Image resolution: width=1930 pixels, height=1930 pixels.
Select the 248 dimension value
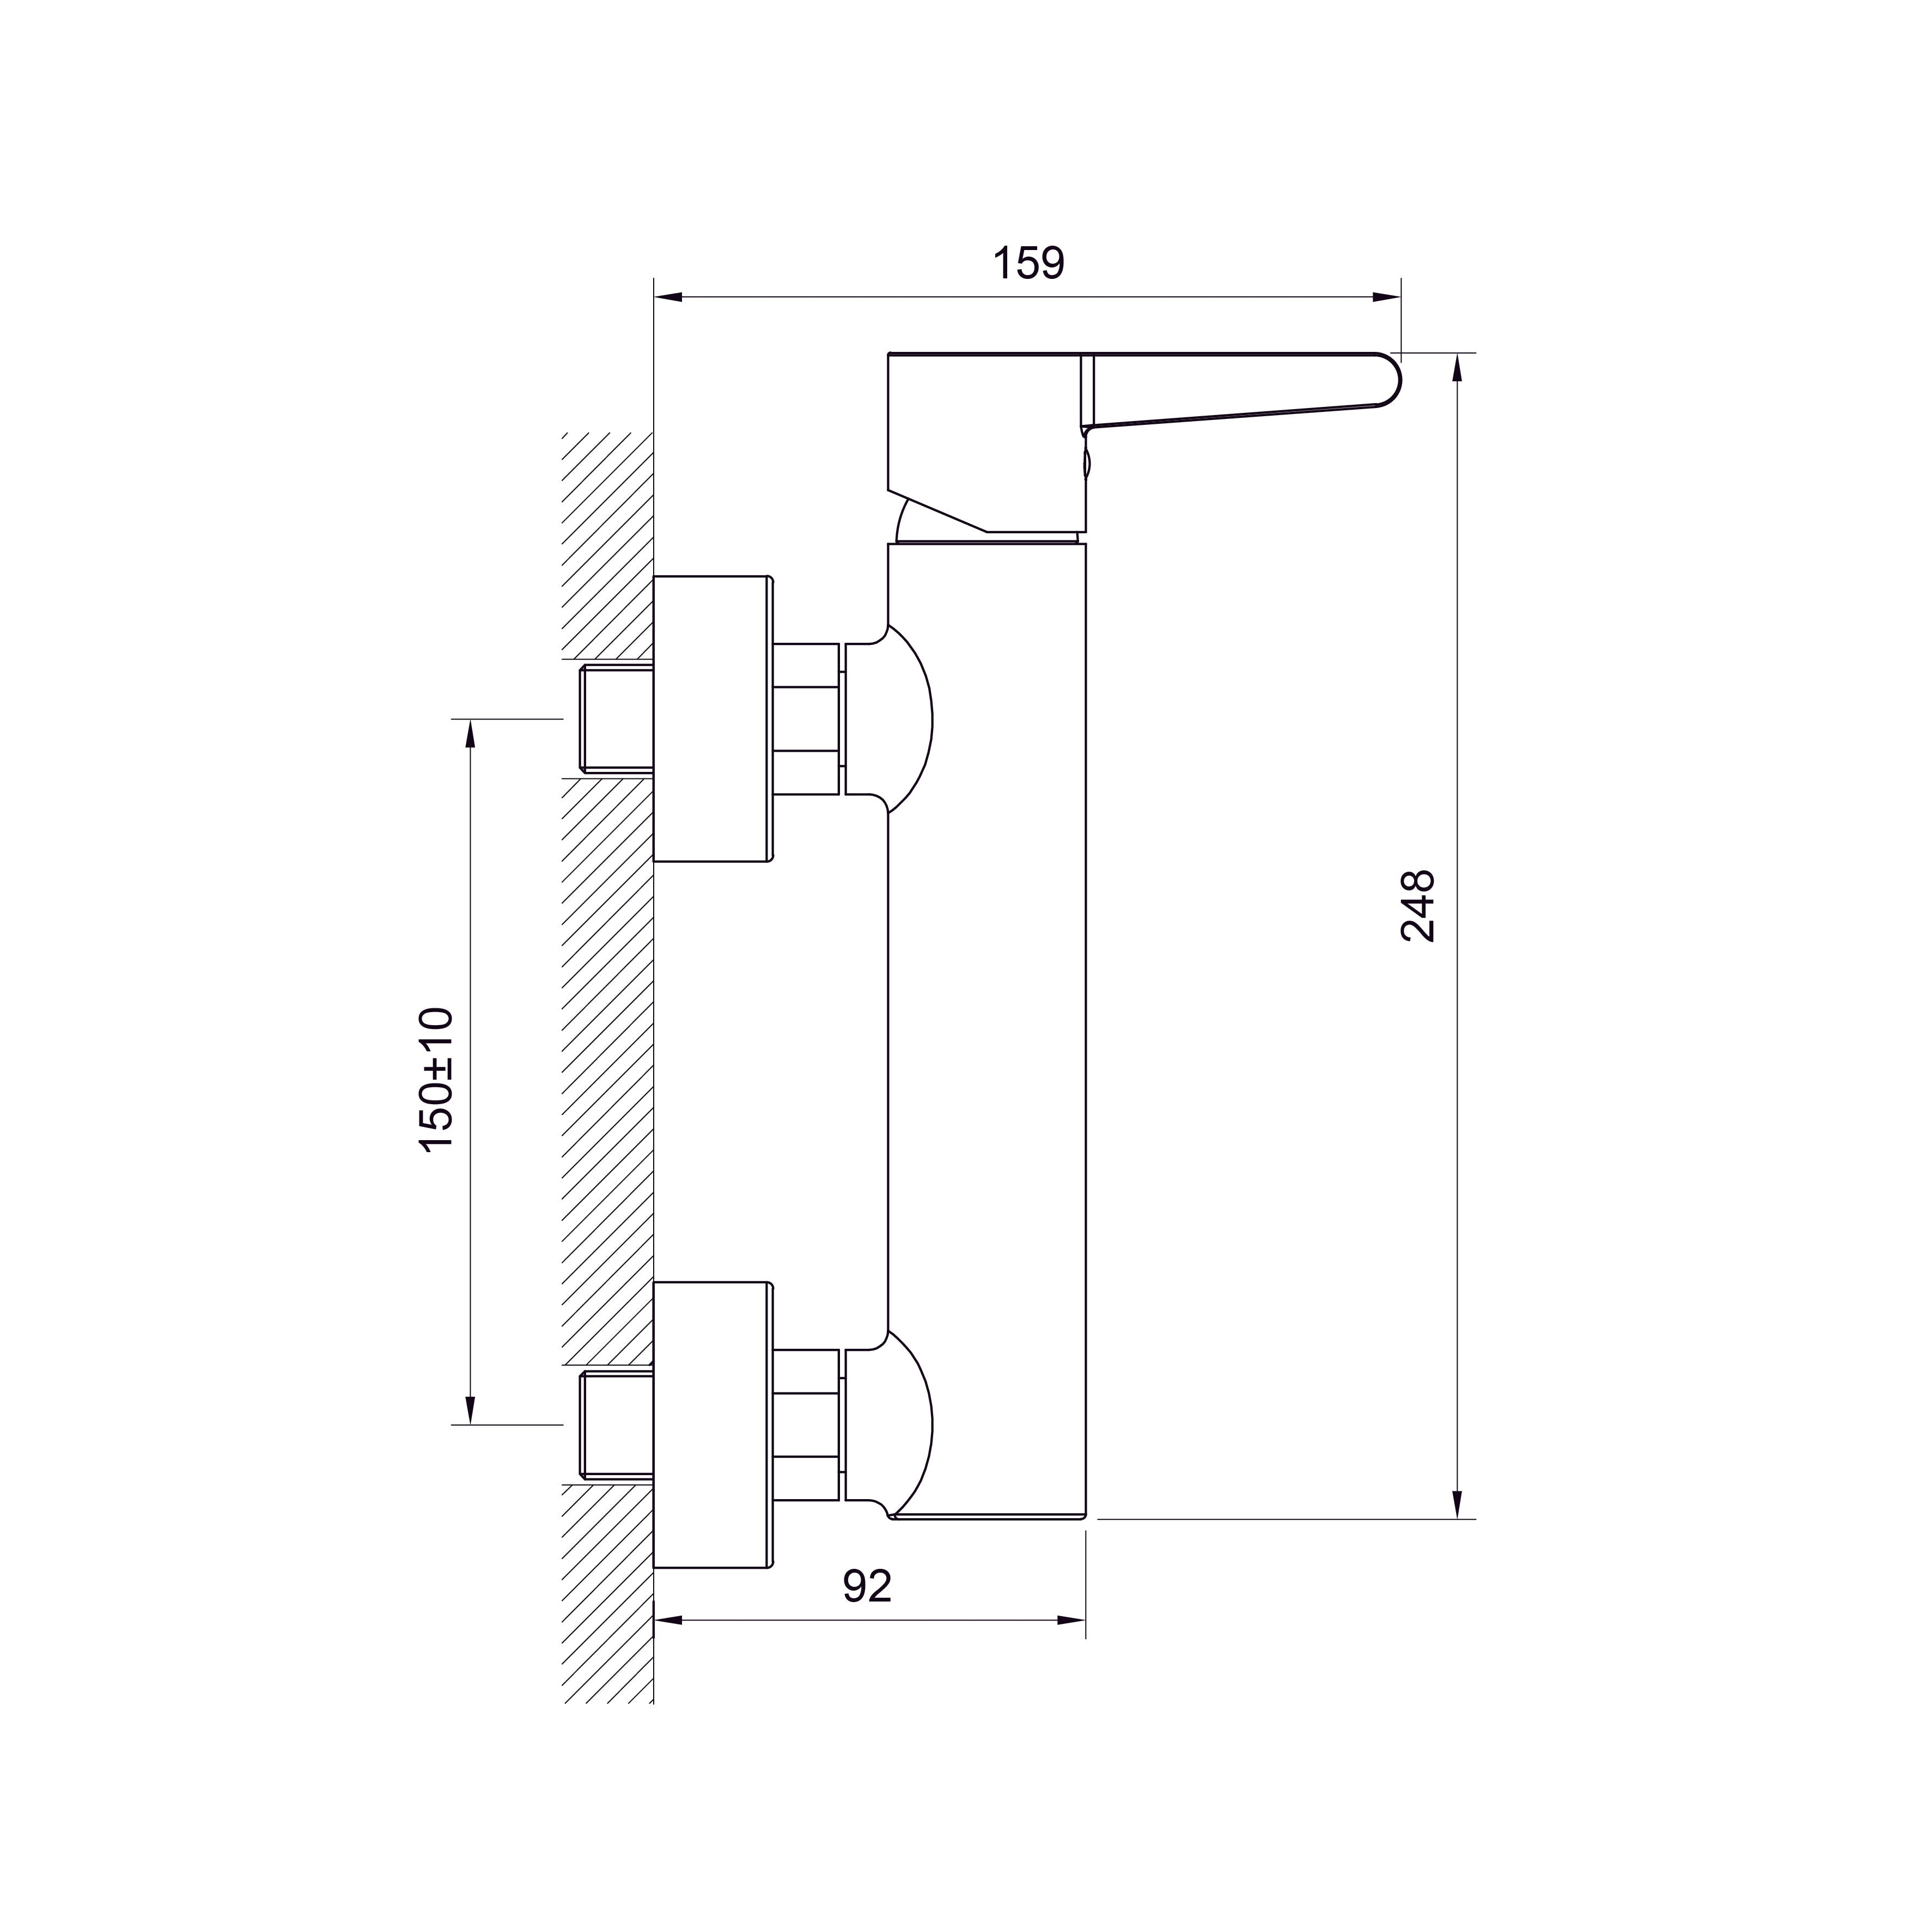coord(1417,906)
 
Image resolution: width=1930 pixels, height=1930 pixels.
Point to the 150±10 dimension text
coord(436,1081)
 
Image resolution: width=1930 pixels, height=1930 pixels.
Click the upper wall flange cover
coord(713,719)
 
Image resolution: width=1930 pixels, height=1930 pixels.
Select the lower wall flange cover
coord(713,1424)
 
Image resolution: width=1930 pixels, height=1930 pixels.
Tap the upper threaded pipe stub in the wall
coord(616,719)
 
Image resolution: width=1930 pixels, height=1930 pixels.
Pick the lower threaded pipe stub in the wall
coord(616,1424)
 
